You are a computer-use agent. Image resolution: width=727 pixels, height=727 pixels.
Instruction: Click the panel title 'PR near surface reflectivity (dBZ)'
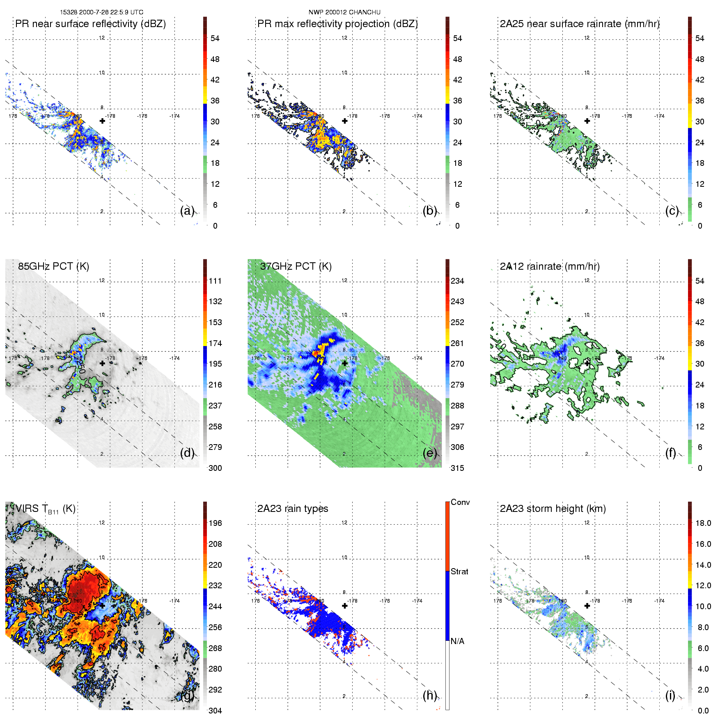tap(90, 24)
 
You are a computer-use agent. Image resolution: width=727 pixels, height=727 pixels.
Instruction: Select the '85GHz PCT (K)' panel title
tap(53, 266)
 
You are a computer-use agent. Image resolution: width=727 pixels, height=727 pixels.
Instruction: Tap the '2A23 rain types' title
tap(293, 509)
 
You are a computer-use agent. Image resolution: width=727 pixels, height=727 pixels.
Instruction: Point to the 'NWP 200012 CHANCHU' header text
tap(344, 12)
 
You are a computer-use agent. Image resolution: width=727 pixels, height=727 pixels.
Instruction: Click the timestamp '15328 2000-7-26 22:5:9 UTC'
tap(101, 12)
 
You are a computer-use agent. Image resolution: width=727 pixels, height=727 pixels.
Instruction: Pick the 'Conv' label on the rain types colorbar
tap(460, 502)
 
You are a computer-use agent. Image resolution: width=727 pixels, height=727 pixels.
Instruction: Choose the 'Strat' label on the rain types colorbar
tap(459, 571)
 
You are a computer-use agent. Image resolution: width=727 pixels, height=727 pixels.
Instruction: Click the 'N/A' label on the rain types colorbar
tap(457, 641)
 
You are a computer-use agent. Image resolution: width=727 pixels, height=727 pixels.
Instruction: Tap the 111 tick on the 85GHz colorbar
tap(215, 281)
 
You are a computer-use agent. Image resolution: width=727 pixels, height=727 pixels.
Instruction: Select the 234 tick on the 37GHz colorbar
tap(457, 281)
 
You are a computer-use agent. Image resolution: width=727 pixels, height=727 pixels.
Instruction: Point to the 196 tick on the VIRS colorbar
tap(215, 523)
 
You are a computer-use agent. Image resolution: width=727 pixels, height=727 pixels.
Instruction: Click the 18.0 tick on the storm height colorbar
tap(703, 523)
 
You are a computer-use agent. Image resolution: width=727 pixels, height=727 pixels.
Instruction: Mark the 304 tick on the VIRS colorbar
tap(215, 711)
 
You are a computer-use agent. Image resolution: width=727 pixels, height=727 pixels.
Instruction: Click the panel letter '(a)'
tap(187, 211)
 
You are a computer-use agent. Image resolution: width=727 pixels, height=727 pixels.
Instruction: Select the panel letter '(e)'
tap(430, 453)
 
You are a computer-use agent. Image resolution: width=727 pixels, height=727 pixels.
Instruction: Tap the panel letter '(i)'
tap(670, 695)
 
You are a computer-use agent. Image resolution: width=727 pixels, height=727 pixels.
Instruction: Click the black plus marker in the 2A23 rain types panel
tap(345, 606)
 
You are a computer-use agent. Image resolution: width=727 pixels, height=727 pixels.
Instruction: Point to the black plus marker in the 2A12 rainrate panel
tap(587, 363)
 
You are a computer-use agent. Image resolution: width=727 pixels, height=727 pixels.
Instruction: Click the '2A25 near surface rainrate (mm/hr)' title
tap(580, 24)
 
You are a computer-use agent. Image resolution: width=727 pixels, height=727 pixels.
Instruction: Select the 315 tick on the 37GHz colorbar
tap(457, 468)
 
